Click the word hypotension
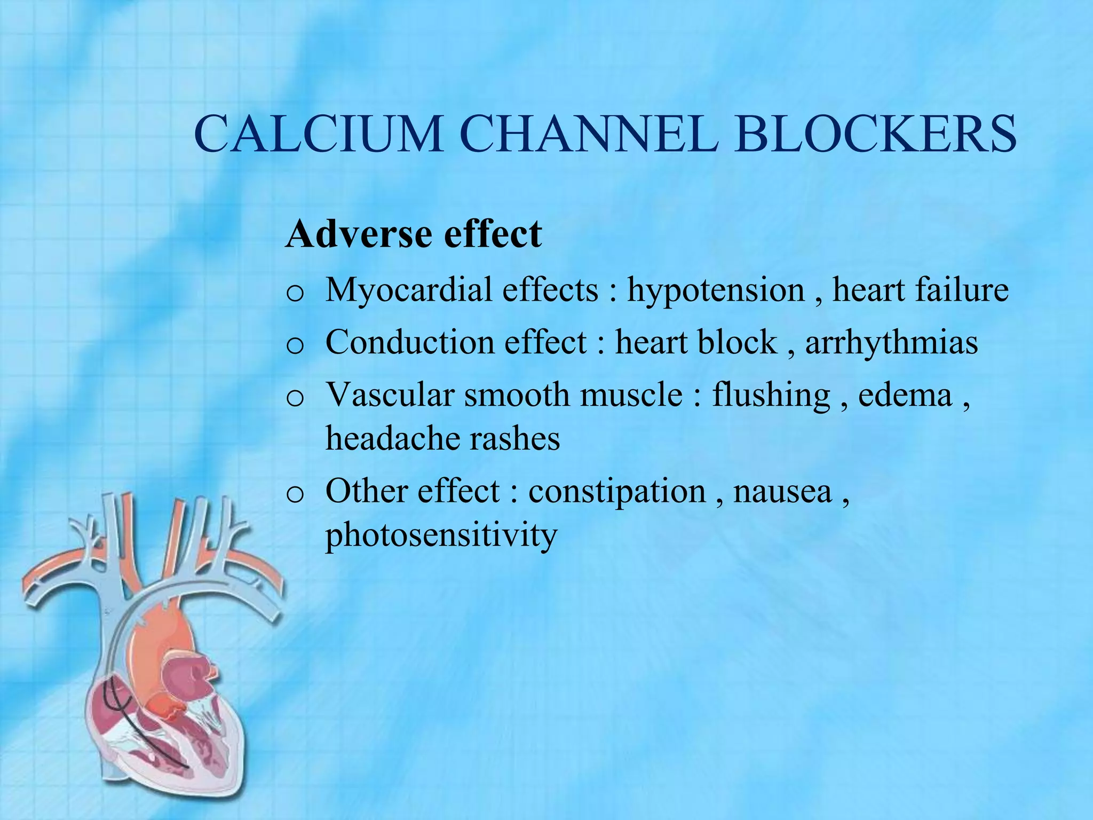[716, 291]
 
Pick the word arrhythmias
[891, 343]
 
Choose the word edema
[905, 395]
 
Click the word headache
[393, 439]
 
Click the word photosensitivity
[441, 535]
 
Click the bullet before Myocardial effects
[295, 294]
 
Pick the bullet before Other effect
[295, 495]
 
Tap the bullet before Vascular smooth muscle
[295, 398]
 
